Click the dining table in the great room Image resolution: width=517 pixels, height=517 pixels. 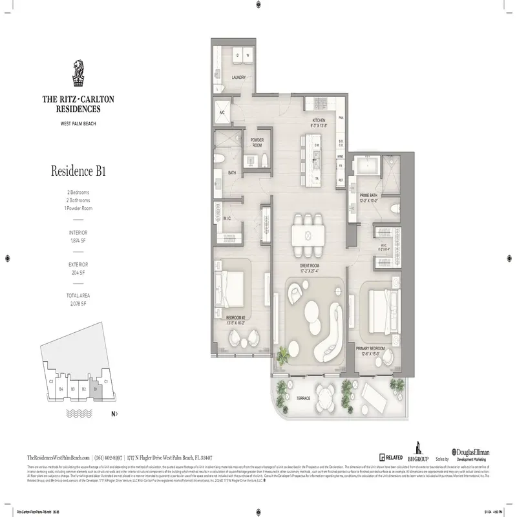click(x=308, y=230)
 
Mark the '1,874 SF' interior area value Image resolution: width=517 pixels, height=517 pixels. click(x=78, y=240)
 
